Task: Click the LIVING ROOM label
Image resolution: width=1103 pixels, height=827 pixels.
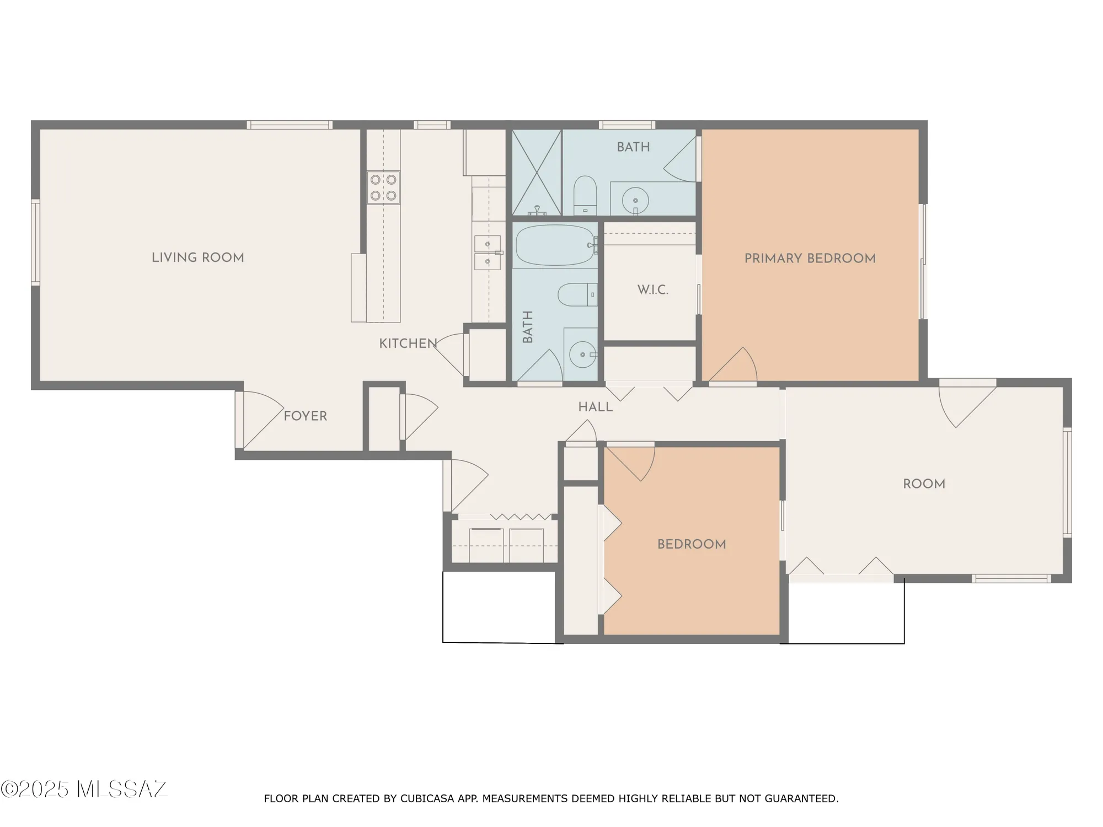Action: (197, 257)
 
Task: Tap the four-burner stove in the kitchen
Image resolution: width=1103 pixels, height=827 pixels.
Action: (383, 187)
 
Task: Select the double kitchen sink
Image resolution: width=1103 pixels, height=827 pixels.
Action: (488, 253)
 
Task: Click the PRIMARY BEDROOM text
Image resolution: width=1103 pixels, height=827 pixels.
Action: (810, 259)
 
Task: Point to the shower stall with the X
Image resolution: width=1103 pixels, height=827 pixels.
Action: (536, 172)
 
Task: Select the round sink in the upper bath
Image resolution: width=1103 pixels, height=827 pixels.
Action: (635, 200)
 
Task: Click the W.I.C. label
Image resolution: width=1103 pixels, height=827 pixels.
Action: (652, 290)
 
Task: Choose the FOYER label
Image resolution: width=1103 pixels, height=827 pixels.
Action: (305, 416)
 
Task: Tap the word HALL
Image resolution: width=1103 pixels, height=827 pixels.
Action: (595, 407)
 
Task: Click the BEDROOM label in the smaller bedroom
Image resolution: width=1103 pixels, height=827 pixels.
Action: (691, 545)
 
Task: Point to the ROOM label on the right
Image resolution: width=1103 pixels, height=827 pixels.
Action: (924, 484)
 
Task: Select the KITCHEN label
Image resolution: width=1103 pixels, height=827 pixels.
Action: (408, 343)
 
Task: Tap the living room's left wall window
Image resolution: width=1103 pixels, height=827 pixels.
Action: (35, 243)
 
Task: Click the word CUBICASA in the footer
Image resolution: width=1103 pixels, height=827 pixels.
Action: (427, 798)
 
